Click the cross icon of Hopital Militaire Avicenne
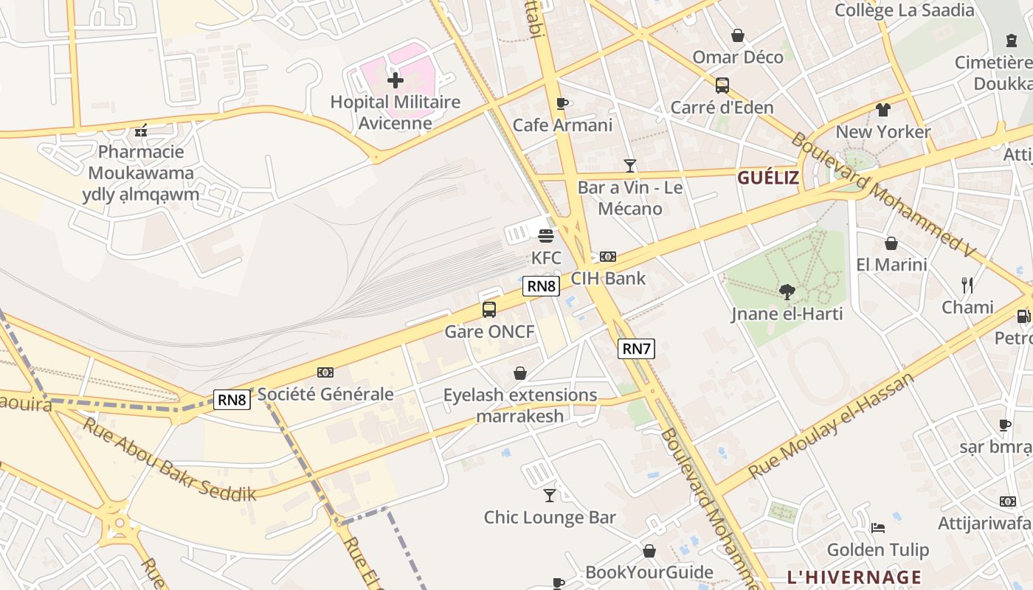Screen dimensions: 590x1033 pyautogui.click(x=395, y=80)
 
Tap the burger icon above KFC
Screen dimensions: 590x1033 pyautogui.click(x=546, y=236)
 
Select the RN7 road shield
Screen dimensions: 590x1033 pyautogui.click(x=636, y=349)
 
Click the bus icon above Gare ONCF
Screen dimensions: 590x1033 pyautogui.click(x=488, y=310)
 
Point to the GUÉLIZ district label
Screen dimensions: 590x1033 pyautogui.click(x=768, y=178)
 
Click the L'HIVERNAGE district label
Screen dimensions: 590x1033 pyautogui.click(x=854, y=577)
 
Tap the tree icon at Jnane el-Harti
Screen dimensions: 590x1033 pyautogui.click(x=787, y=292)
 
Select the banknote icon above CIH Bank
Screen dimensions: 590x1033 pyautogui.click(x=608, y=257)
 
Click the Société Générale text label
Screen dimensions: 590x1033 pyautogui.click(x=325, y=395)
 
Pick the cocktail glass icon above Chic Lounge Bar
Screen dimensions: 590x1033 pyautogui.click(x=550, y=495)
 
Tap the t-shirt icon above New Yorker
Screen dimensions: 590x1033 pyautogui.click(x=883, y=110)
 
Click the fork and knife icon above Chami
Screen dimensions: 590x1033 pyautogui.click(x=967, y=285)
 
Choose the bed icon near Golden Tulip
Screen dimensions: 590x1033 pyautogui.click(x=877, y=527)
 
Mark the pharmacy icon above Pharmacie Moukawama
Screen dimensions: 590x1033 pyautogui.click(x=141, y=131)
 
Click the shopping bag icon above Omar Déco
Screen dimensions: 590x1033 pyautogui.click(x=737, y=35)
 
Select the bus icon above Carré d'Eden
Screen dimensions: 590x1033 pyautogui.click(x=722, y=86)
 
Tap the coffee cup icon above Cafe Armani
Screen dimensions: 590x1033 pyautogui.click(x=562, y=103)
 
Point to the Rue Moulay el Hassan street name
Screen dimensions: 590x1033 pyautogui.click(x=831, y=426)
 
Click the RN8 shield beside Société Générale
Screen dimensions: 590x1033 pyautogui.click(x=232, y=400)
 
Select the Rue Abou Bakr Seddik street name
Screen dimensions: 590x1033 pyautogui.click(x=169, y=459)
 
